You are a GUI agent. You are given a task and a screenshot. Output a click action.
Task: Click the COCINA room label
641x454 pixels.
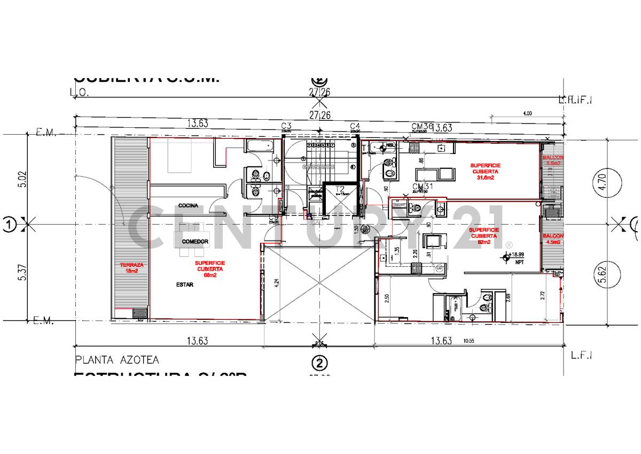click(188, 205)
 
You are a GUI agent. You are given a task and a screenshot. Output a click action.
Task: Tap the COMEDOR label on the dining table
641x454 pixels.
click(194, 242)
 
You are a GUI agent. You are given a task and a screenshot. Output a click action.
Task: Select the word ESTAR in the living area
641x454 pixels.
click(184, 285)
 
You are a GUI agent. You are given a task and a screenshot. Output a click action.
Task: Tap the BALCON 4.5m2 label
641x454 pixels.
click(552, 239)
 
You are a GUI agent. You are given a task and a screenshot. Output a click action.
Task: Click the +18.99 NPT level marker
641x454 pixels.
click(515, 258)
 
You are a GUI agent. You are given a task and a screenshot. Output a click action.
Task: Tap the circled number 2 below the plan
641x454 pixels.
click(319, 364)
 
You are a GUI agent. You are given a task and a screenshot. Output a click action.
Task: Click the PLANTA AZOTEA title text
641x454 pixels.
click(117, 360)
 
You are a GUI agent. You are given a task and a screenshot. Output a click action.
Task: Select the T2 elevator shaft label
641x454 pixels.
click(340, 188)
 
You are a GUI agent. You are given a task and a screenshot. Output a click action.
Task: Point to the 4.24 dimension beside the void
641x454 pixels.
click(276, 284)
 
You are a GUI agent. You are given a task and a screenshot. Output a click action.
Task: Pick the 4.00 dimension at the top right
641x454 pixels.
click(527, 113)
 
